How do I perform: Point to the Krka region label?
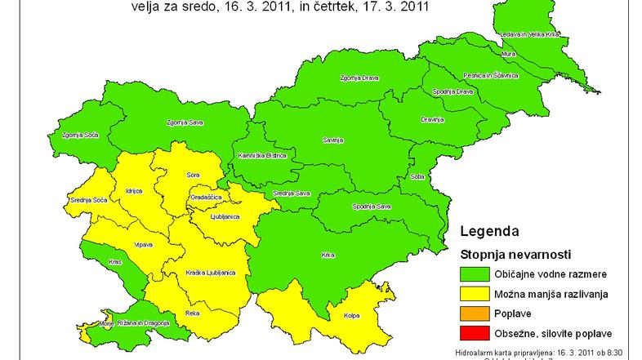point(328,256)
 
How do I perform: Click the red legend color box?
point(475,333)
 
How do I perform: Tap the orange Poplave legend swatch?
point(475,313)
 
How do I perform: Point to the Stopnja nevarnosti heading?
point(515,253)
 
